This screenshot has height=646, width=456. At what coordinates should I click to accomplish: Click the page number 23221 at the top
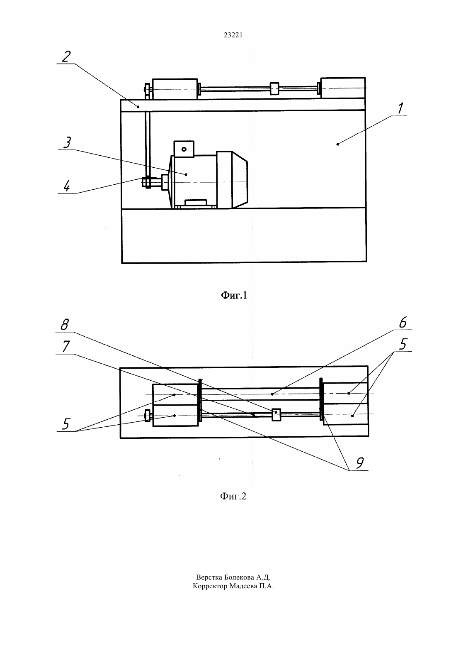(233, 35)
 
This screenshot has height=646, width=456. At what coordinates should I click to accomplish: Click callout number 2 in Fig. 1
(66, 56)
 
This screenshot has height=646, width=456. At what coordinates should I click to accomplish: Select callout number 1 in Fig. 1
(400, 108)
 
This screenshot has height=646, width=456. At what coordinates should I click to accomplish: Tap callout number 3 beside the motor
(67, 142)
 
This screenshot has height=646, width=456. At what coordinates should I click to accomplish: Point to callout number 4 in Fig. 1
(66, 186)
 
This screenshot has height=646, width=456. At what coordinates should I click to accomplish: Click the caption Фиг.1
(234, 295)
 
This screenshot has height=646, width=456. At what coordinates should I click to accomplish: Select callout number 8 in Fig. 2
(65, 325)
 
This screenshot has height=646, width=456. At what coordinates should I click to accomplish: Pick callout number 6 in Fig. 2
(403, 323)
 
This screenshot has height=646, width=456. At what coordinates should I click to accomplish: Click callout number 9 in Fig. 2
(359, 463)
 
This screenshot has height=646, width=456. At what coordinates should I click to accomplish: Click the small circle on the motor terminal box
(184, 149)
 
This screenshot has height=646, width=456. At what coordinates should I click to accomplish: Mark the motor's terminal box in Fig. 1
(184, 149)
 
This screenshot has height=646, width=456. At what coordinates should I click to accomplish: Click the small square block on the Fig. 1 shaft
(274, 88)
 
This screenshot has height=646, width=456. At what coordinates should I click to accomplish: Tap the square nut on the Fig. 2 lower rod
(277, 414)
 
